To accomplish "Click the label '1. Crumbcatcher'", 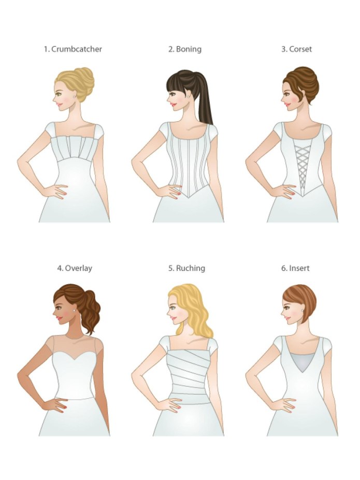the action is [73, 49].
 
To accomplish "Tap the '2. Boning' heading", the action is [185, 49].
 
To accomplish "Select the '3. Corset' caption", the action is [297, 49].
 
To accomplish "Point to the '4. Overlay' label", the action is [75, 268].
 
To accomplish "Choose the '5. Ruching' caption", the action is [187, 268].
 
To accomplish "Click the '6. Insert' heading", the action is [295, 268].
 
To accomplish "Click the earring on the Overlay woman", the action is [75, 311].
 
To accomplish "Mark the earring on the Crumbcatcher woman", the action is [75, 97].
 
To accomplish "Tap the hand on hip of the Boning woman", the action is [168, 191].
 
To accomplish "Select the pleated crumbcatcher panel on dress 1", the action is [75, 149].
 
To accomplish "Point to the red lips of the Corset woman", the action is [287, 105].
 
